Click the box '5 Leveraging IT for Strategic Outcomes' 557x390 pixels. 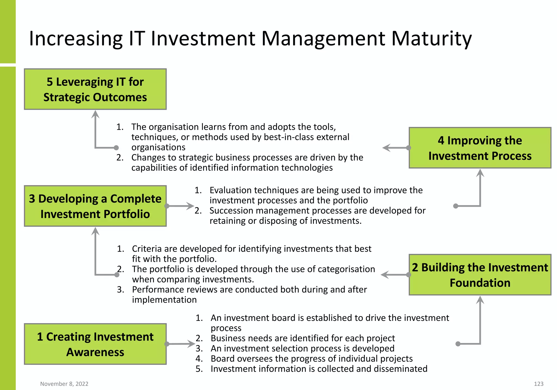point(95,89)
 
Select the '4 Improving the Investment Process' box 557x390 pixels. point(480,148)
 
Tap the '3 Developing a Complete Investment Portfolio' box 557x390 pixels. point(95,206)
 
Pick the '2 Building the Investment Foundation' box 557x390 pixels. point(480,275)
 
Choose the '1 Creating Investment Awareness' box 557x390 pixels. point(95,344)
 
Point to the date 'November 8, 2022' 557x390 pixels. point(64,384)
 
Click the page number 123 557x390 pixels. point(539,384)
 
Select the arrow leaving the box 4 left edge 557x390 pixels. point(394,148)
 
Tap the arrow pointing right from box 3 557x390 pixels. point(181,206)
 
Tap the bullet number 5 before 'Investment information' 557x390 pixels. point(199,369)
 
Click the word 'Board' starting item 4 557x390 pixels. point(221,359)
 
